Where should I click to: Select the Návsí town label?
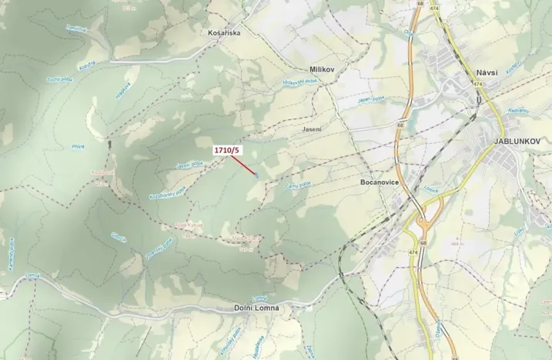pos(487,72)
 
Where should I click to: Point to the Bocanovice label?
pos(379,183)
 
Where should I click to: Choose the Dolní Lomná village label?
pos(256,308)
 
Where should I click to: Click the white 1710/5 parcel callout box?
pos(227,151)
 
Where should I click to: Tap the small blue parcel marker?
pos(256,176)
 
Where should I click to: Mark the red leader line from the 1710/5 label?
pos(243,165)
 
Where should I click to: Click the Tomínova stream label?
pos(75,28)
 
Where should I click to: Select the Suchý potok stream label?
pos(59,79)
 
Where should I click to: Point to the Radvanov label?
pos(517,112)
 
